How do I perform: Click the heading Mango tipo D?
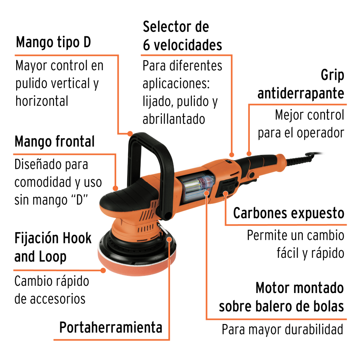(53, 42)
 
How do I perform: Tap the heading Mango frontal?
(55, 141)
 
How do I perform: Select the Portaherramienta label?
(111, 327)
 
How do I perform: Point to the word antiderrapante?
(301, 94)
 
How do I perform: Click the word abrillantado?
(174, 119)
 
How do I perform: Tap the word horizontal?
(42, 101)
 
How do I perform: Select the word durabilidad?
(314, 329)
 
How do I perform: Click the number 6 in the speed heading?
(147, 45)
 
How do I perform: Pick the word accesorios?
(57, 299)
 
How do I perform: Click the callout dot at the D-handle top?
(130, 134)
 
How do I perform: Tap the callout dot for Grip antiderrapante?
(249, 153)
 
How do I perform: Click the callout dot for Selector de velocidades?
(231, 155)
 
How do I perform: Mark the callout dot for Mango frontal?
(116, 188)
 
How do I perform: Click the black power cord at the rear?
(303, 158)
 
